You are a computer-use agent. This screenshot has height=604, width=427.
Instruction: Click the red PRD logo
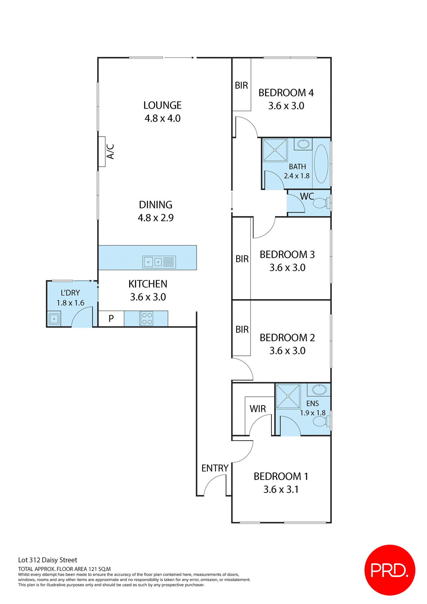point(390,570)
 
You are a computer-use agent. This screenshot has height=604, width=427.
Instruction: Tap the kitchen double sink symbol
point(159,262)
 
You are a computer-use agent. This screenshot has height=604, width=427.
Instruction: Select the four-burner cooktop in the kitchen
point(146,318)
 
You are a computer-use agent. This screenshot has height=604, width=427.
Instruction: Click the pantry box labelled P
point(111,319)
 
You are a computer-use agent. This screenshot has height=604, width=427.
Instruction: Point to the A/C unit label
point(110,152)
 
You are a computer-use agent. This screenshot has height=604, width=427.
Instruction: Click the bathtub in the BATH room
point(321,164)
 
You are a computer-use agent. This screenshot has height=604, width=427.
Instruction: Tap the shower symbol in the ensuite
point(288,396)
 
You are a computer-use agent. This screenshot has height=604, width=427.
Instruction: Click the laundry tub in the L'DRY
point(54,319)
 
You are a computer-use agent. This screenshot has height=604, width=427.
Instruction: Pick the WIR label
point(258,409)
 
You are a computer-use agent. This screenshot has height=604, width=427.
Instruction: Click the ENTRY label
point(215,468)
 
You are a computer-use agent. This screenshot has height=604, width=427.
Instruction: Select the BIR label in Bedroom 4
point(241,85)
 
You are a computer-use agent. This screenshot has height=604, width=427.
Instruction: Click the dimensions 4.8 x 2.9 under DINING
point(156,218)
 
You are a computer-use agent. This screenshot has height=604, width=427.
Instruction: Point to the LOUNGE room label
point(162,105)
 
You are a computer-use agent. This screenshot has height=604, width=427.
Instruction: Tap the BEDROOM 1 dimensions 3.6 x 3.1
point(281,489)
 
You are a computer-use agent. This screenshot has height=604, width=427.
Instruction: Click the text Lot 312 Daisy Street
point(47,560)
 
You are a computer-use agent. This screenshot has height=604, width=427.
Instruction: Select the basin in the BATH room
point(303,144)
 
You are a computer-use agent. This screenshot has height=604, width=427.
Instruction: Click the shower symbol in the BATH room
point(275,150)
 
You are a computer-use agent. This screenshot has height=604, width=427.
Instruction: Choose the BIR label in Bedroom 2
point(242,329)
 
